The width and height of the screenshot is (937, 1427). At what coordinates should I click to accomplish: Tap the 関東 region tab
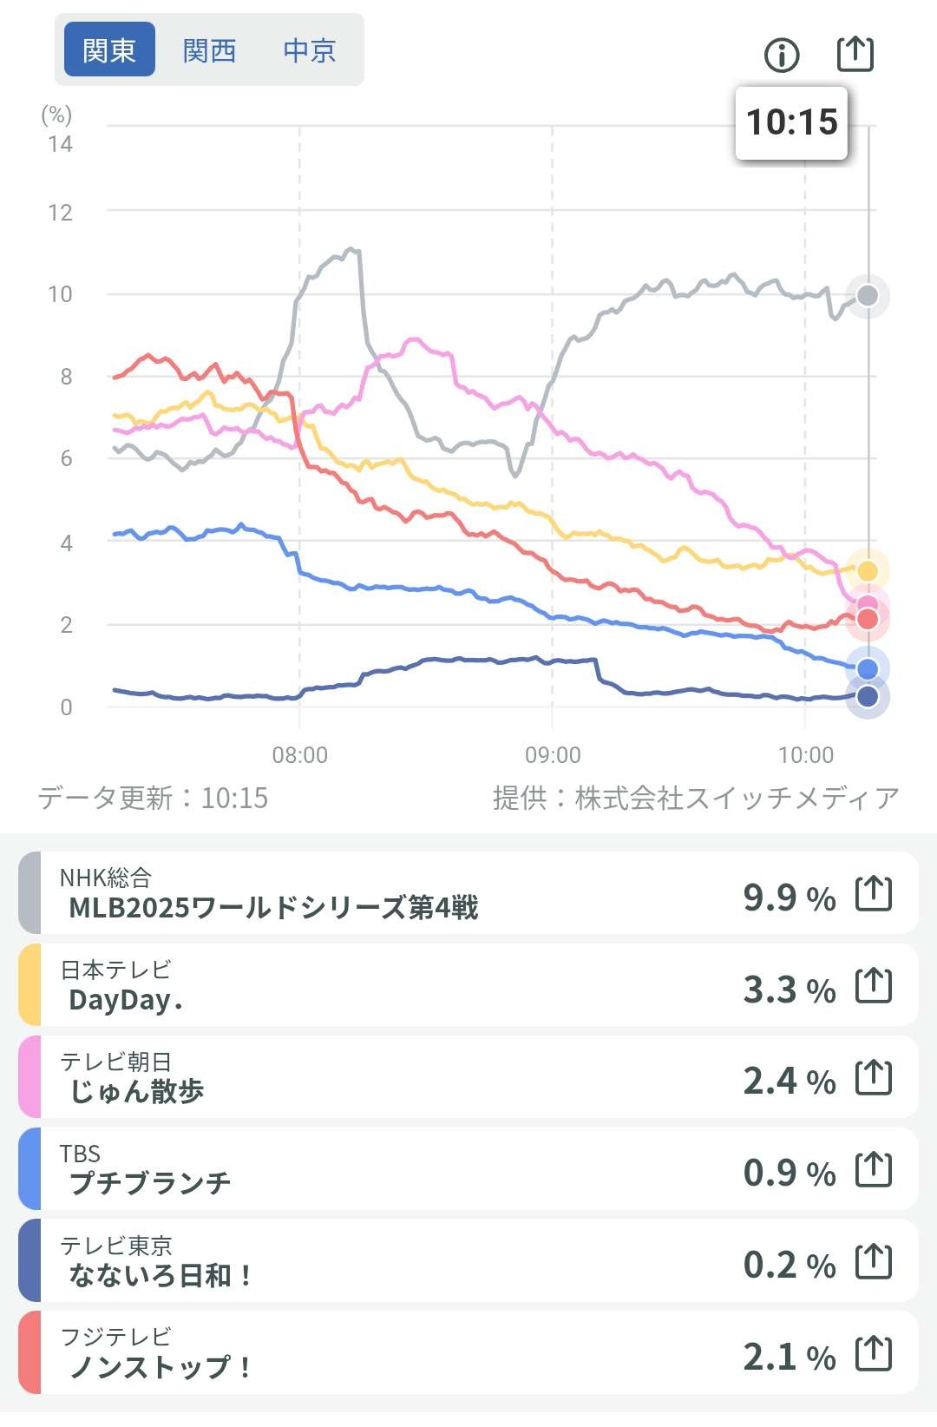coord(109,50)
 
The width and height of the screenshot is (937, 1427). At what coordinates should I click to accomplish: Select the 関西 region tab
coord(209,50)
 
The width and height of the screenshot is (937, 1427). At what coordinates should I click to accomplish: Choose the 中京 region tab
coord(309,50)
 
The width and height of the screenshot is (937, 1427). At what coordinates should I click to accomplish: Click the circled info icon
coord(782,56)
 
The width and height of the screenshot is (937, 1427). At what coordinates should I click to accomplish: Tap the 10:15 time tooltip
coord(791,122)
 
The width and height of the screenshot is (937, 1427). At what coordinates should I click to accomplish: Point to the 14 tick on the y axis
coord(60,144)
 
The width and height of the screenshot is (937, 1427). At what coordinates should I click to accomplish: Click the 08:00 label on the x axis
coord(300,755)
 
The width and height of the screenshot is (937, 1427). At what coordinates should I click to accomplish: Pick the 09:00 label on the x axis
coord(553,755)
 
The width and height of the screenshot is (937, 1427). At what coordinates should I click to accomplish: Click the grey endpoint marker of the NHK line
coord(868,296)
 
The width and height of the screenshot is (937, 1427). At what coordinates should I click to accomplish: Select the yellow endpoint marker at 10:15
coord(868,570)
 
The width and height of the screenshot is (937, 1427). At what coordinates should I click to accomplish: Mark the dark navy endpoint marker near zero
coord(868,696)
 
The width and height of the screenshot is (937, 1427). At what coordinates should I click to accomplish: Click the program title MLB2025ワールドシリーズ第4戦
coord(273,908)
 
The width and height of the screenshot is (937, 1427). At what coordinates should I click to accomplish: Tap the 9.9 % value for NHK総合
coord(789,897)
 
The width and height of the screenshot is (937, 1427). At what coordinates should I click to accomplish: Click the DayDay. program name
coord(126,1000)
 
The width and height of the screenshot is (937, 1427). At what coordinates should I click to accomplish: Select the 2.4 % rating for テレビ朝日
coord(789,1081)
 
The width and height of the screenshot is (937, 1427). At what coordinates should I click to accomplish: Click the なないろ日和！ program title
coord(161,1275)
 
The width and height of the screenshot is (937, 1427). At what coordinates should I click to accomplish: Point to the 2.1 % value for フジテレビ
coord(789,1356)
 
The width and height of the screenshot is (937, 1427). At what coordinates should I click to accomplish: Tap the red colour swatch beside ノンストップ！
coord(29,1352)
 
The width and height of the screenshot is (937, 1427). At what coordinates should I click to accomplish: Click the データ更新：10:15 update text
coord(153,798)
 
